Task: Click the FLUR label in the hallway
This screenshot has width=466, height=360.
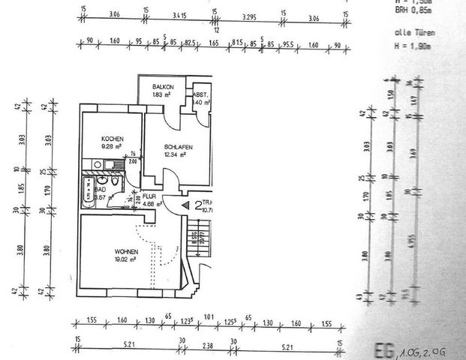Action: coord(149,196)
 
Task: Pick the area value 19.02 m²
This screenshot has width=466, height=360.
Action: coord(125,259)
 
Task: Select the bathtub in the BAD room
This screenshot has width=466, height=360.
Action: coord(89,190)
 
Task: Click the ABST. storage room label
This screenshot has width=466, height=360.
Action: coord(200,94)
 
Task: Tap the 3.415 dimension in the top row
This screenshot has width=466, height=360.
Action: coord(179,13)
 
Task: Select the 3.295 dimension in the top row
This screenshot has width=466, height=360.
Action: coord(249,13)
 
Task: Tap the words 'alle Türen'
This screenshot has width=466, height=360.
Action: coord(411,34)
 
